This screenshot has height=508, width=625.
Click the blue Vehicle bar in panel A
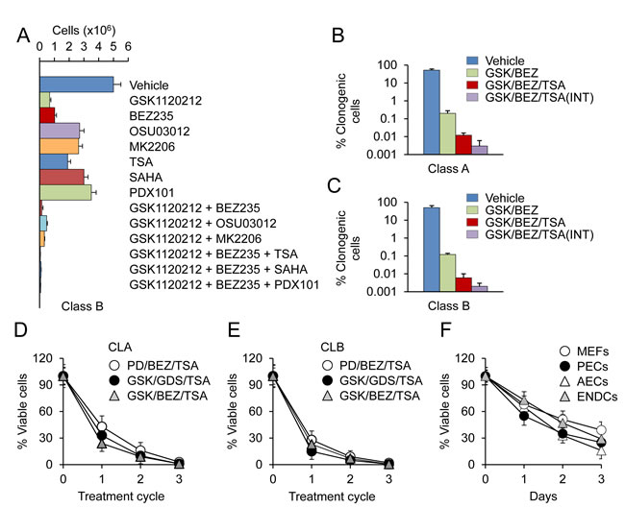click(76, 84)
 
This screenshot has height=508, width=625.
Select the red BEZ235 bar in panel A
click(46, 113)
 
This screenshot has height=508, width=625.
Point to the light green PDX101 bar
click(65, 192)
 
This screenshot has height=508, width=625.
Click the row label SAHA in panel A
click(144, 177)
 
